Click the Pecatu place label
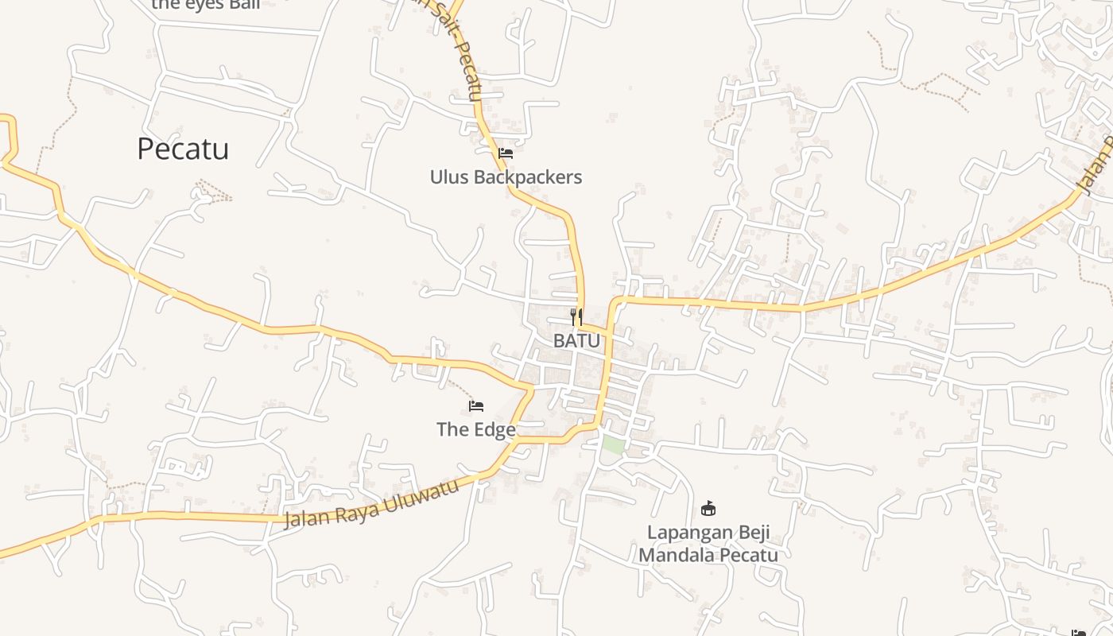(183, 149)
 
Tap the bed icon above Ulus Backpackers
(506, 153)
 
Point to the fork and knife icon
(576, 317)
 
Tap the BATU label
(576, 341)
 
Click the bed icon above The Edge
(476, 406)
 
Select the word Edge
(495, 430)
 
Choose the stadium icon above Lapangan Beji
(708, 508)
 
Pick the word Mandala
(672, 555)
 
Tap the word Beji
(751, 533)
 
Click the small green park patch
(613, 445)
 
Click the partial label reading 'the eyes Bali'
(206, 5)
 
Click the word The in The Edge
(452, 430)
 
